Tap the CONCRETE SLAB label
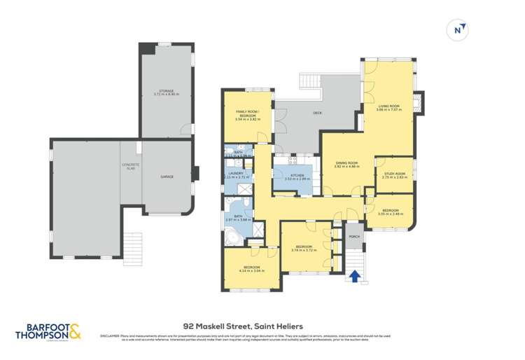click(131, 167)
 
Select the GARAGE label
click(167, 176)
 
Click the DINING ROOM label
click(346, 163)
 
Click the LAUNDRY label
click(234, 175)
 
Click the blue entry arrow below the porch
click(355, 277)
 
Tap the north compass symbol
click(459, 30)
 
